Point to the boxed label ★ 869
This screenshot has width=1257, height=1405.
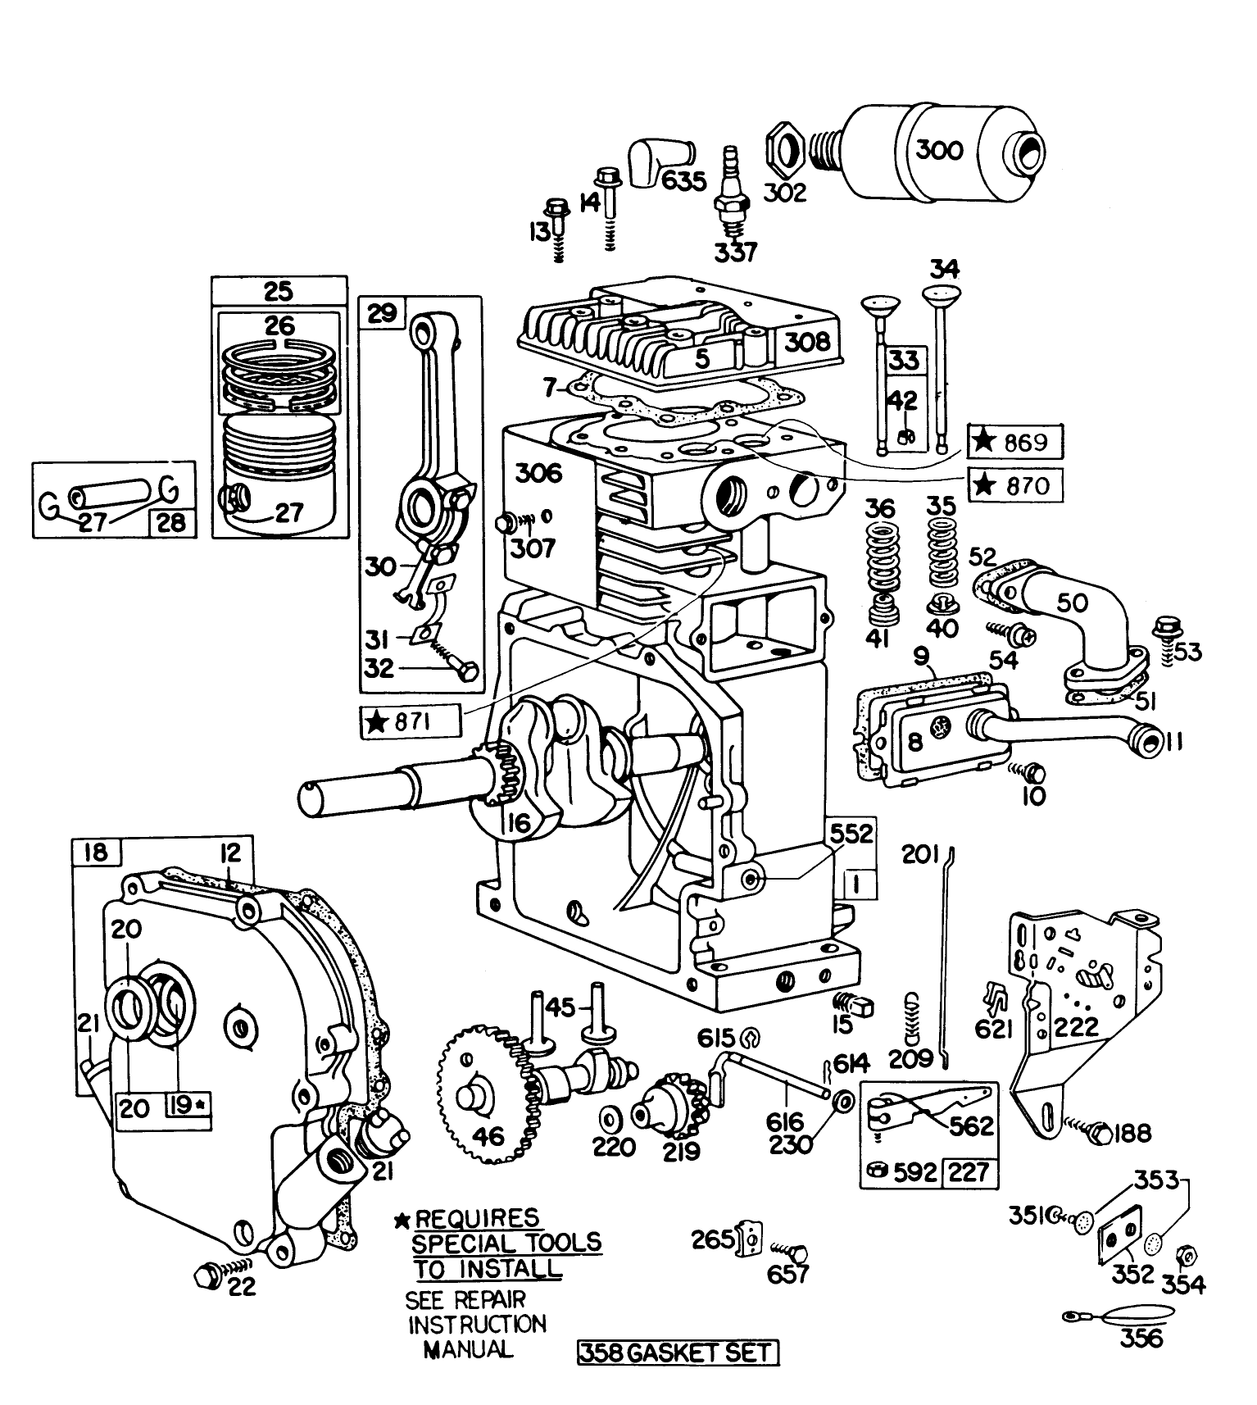[x=1016, y=443]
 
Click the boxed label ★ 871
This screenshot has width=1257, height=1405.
[x=411, y=722]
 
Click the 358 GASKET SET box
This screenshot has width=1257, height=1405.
[x=678, y=1352]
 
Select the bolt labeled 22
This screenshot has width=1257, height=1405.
[x=207, y=1275]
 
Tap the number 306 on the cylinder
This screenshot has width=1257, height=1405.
[x=538, y=473]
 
